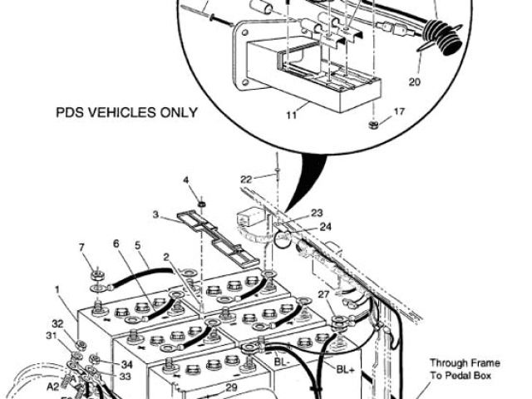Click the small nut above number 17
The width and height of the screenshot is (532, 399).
pos(374,125)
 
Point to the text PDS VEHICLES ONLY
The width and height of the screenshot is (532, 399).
pos(127,111)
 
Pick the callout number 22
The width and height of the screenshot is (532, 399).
pos(246,179)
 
